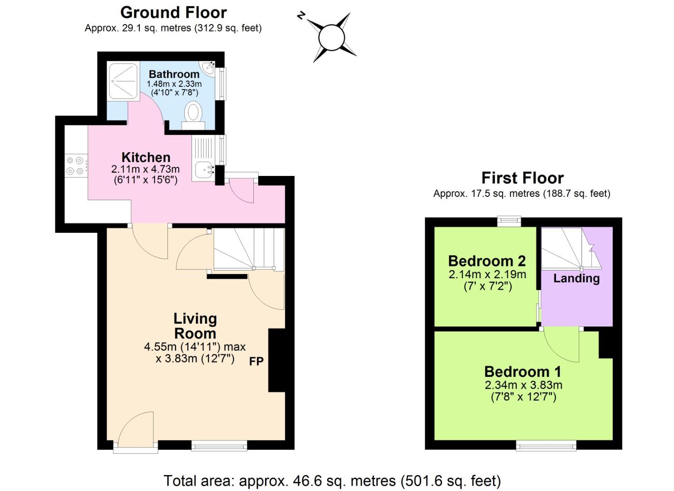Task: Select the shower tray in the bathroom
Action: [x=123, y=80]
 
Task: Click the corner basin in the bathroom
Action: [x=209, y=68]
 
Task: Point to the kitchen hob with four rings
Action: [x=76, y=165]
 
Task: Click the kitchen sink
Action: [x=203, y=170]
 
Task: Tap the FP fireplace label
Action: [x=256, y=361]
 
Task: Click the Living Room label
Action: [x=195, y=326]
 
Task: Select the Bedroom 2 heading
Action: [x=487, y=261]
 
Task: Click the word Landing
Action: [x=576, y=278]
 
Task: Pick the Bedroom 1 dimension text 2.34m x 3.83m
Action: [x=523, y=385]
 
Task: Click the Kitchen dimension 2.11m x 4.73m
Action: [x=145, y=169]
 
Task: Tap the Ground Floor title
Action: [x=173, y=12]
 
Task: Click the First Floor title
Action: [x=522, y=178]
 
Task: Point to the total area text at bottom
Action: [x=332, y=481]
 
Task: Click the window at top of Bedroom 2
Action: [x=509, y=221]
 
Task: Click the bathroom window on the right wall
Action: [x=221, y=84]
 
